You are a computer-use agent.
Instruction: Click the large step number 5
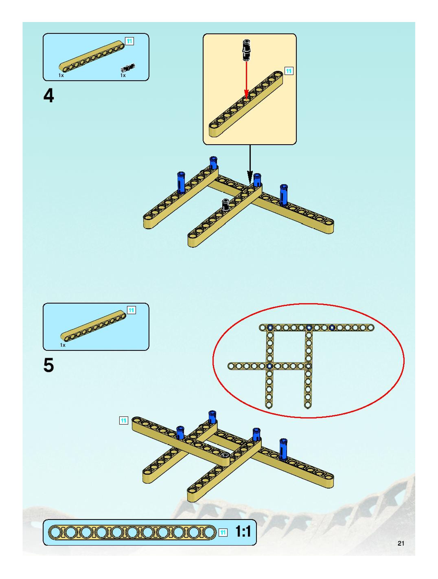[49, 365]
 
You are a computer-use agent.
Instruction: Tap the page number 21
[401, 543]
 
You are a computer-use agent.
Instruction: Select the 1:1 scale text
[243, 532]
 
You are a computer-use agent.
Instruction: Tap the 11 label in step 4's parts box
[129, 41]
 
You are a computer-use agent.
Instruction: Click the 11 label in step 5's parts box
[131, 310]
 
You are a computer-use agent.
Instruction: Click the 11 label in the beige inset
[289, 71]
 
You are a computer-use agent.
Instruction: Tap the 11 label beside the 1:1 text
[223, 532]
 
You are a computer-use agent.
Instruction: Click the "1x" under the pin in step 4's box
[123, 75]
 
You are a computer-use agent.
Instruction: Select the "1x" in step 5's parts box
[63, 345]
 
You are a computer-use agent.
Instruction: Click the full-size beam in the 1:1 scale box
[132, 532]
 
